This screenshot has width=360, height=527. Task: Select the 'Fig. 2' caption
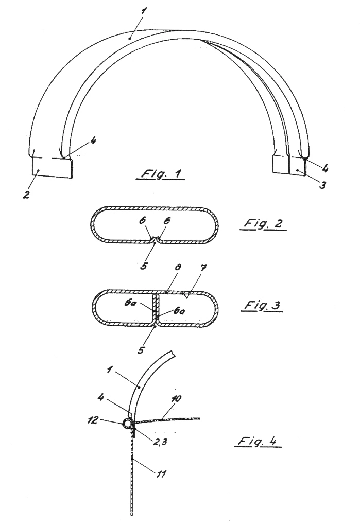264,223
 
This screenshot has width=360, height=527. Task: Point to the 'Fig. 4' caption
258,441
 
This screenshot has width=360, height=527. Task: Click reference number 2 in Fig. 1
26,194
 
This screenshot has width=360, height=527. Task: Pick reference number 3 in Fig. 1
322,185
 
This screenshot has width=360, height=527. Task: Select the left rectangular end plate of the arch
52,168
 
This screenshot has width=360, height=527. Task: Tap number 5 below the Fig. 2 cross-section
144,266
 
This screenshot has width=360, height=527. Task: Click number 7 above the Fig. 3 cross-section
203,268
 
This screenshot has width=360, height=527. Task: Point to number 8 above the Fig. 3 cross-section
178,267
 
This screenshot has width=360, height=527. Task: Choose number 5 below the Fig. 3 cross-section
141,350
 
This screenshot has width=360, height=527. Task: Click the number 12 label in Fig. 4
93,420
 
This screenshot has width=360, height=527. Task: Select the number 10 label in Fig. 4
176,399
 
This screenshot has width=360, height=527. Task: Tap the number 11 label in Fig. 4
161,474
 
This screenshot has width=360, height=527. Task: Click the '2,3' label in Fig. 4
161,442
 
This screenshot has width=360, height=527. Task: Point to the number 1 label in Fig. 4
109,370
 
